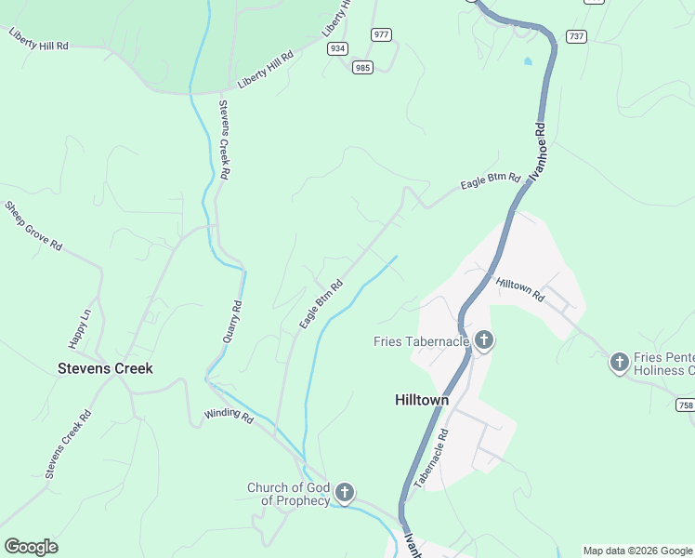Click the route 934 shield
point(336,48)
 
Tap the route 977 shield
point(381,34)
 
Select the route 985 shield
point(362,66)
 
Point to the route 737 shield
point(576,36)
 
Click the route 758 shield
point(686,405)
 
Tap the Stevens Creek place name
point(105,368)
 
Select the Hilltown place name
point(422,400)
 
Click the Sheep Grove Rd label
point(33,226)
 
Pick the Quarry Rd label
point(232,321)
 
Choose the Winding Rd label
point(229,416)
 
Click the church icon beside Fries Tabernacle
point(483,340)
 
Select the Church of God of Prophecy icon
point(345,493)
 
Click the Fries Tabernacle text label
point(421,341)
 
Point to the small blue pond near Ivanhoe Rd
point(529,61)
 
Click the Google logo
point(31,547)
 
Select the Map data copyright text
point(637,551)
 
